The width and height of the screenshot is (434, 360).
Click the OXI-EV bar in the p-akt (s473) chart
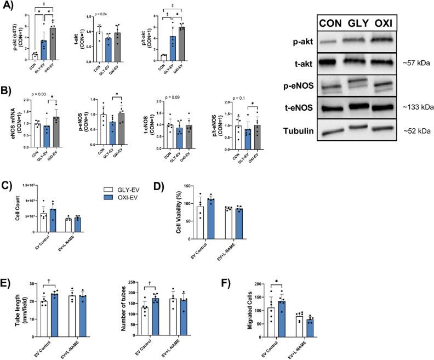(x=37, y=43)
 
